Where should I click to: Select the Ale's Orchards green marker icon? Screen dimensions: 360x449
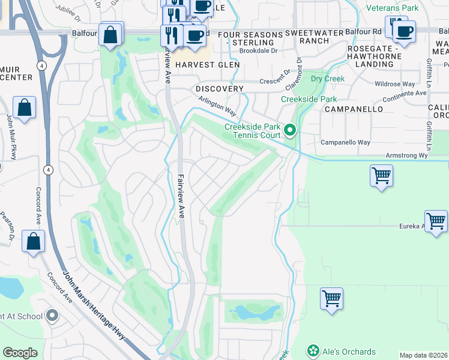point(312,350)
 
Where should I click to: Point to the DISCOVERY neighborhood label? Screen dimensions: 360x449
point(220,89)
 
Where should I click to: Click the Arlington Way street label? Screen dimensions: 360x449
point(217,103)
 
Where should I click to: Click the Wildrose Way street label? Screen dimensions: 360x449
point(394,85)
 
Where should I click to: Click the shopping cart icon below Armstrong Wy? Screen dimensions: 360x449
point(381,176)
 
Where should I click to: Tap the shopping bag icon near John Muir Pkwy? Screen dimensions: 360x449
point(25,109)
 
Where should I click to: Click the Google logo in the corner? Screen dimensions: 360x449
point(20,353)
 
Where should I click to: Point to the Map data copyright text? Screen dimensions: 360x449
point(423,355)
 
